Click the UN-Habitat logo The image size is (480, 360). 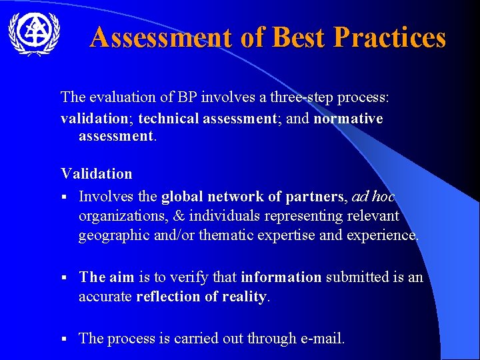tap(33, 34)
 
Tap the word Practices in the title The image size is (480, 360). tap(389, 38)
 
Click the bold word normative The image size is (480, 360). tap(348, 119)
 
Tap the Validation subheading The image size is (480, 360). tap(97, 174)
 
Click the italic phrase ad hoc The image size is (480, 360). tap(373, 197)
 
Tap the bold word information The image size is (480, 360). tap(281, 277)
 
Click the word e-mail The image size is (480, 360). tap(321, 339)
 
